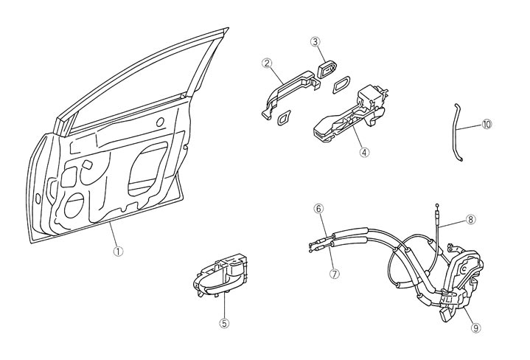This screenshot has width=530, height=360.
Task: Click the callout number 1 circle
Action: click(x=118, y=251)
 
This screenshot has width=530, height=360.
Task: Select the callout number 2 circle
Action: click(x=268, y=63)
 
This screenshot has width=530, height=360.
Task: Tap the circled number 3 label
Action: click(x=315, y=42)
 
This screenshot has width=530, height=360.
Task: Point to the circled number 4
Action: click(x=364, y=153)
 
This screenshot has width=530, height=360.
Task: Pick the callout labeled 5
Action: click(x=225, y=322)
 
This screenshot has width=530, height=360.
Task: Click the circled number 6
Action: click(x=318, y=209)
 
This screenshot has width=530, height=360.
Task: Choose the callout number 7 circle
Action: click(x=335, y=273)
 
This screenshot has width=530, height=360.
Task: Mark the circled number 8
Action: click(x=472, y=219)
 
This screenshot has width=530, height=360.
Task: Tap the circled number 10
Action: click(x=487, y=125)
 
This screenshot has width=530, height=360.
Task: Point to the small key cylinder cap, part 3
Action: click(x=326, y=70)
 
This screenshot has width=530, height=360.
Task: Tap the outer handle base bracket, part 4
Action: click(x=350, y=118)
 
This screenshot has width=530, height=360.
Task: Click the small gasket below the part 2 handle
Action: click(x=283, y=118)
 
